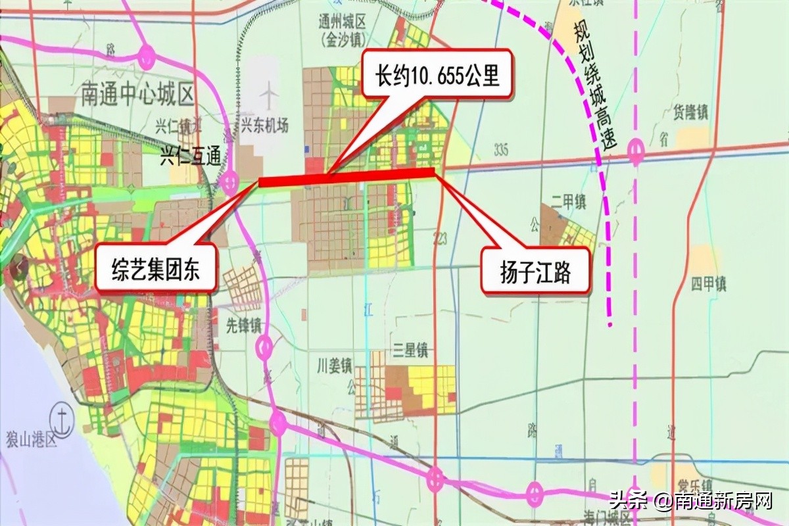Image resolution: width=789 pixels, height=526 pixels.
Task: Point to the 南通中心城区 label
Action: click(138, 95)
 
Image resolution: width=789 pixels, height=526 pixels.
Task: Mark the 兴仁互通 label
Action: click(191, 158)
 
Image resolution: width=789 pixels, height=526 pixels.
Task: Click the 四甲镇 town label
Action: click(708, 285)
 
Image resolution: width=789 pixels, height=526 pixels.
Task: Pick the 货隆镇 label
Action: click(690, 112)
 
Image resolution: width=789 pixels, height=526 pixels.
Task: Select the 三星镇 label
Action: click(409, 350)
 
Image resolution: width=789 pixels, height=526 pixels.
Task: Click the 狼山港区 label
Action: click(32, 439)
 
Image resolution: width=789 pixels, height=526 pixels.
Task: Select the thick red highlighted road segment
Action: click(347, 177)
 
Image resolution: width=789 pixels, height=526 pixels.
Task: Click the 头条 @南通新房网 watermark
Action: click(690, 501)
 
